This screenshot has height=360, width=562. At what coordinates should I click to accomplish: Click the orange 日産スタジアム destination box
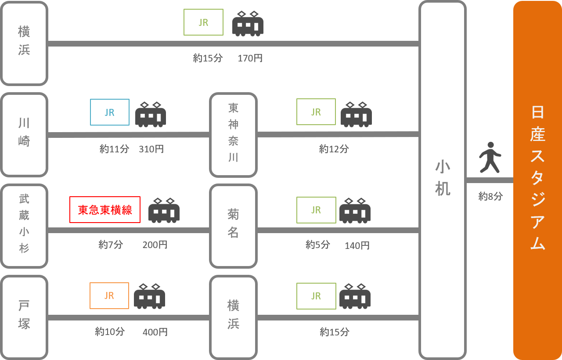[537, 180]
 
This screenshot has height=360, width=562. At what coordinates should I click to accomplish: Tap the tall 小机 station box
[442, 180]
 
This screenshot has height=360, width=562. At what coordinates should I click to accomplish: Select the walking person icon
[490, 157]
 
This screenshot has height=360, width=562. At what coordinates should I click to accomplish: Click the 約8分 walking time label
[490, 196]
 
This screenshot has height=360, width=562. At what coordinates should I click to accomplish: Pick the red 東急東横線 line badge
[105, 210]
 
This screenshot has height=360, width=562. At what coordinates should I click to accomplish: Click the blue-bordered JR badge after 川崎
[110, 112]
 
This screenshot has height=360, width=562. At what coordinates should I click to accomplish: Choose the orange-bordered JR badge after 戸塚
[109, 295]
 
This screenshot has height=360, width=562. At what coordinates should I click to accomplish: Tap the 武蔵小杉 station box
[24, 226]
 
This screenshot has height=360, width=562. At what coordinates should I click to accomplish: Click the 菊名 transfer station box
[233, 226]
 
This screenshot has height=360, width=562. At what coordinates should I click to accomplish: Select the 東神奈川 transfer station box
[233, 134]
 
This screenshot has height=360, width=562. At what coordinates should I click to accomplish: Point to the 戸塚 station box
[24, 317]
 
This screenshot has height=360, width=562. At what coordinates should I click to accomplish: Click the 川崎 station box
[24, 134]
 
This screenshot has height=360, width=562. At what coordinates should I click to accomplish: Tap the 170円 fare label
[250, 58]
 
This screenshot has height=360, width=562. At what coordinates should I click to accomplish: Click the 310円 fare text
[151, 149]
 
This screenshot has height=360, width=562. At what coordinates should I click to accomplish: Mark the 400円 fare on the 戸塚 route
[155, 332]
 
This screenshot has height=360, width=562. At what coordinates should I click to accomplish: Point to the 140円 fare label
[357, 245]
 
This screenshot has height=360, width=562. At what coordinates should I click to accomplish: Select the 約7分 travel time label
[111, 245]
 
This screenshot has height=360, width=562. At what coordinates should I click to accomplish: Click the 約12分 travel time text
[334, 149]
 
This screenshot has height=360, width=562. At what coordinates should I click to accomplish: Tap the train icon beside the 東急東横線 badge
[164, 210]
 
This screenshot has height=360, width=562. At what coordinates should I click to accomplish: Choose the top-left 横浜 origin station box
[24, 43]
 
